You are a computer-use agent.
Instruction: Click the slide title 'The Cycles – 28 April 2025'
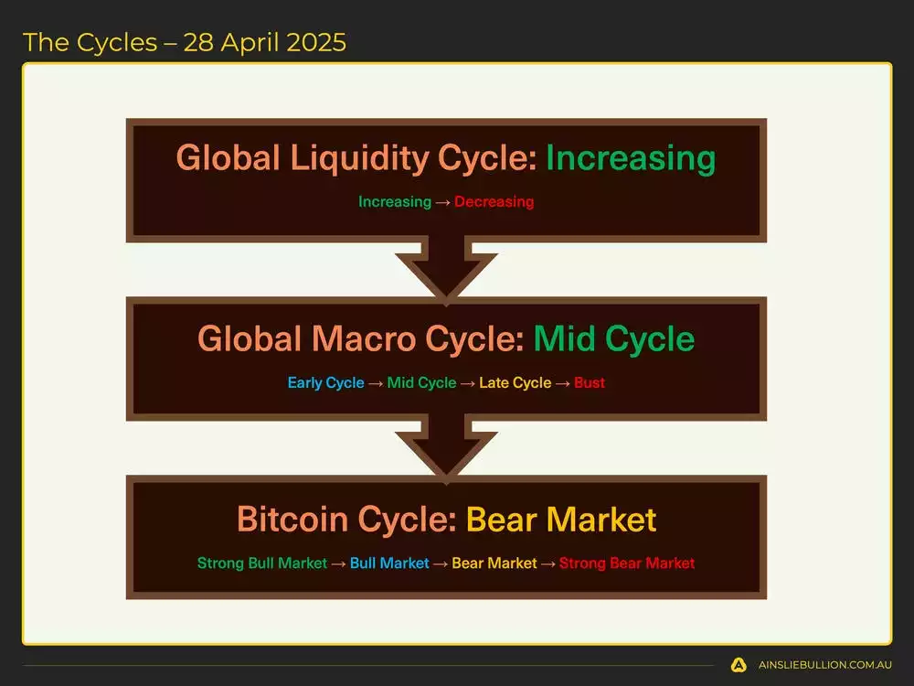tap(185, 42)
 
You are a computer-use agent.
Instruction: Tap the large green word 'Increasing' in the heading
tap(630, 158)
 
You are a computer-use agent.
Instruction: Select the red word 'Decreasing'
tap(494, 201)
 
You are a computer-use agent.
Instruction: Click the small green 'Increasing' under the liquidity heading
tap(394, 201)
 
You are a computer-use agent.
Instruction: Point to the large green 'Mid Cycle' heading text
tap(613, 339)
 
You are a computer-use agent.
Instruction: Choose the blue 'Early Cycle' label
tap(325, 382)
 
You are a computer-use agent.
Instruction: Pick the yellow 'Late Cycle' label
tap(515, 382)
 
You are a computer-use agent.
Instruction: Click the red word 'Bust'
tap(590, 382)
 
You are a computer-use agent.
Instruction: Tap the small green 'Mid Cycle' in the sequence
tap(421, 382)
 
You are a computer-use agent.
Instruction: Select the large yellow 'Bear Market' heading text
tap(561, 520)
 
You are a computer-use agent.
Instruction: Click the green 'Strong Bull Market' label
tap(261, 563)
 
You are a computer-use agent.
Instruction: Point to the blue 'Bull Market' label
tap(388, 563)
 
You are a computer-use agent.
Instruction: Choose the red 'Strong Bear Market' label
tap(627, 563)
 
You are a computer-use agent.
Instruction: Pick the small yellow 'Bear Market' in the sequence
tap(494, 563)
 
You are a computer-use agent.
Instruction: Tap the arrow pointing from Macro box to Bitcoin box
tap(447, 448)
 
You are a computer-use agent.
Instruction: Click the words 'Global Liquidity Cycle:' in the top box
tap(356, 158)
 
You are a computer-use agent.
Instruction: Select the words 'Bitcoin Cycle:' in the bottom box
tap(347, 520)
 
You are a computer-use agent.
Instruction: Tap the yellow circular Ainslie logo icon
tap(739, 665)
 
